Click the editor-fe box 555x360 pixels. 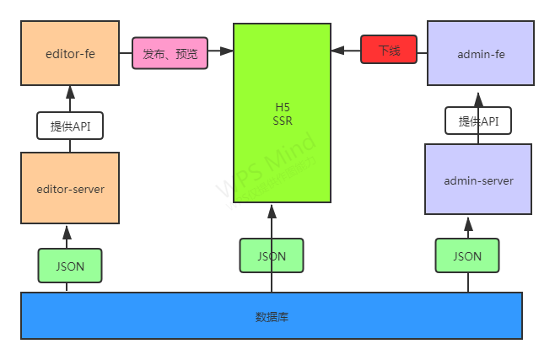(x=70, y=55)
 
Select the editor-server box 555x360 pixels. (x=70, y=188)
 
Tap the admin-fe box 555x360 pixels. (x=481, y=55)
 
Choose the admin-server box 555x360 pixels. (x=478, y=180)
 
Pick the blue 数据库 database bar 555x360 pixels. (x=272, y=316)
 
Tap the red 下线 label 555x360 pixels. (x=389, y=51)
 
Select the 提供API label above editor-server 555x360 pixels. (x=70, y=126)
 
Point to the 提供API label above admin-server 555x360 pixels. (x=478, y=121)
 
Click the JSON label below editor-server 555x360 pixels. (x=70, y=266)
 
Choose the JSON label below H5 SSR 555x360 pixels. (x=272, y=255)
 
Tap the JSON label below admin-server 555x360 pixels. (x=467, y=255)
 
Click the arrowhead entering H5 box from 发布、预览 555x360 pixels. (x=226, y=52)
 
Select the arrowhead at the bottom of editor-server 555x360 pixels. (x=67, y=229)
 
